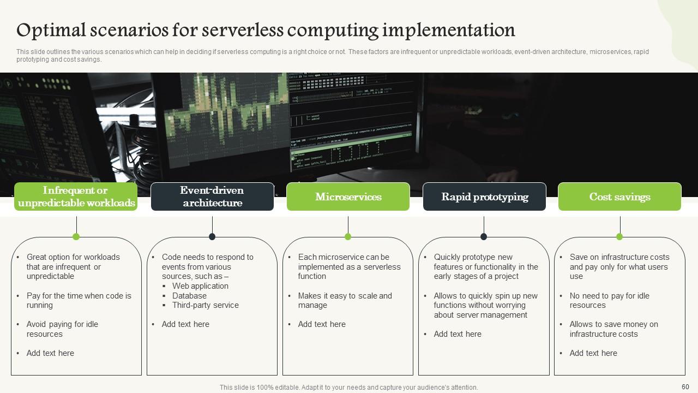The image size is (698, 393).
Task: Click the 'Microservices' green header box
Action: pyautogui.click(x=348, y=196)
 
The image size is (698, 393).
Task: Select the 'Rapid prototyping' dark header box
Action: pyautogui.click(x=484, y=196)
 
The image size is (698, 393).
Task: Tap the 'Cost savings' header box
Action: pyautogui.click(x=619, y=196)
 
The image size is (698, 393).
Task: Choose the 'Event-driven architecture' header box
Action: pyautogui.click(x=212, y=196)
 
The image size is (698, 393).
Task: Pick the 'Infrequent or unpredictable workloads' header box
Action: pyautogui.click(x=76, y=196)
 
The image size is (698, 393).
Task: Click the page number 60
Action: pyautogui.click(x=685, y=386)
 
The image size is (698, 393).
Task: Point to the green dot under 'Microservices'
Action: pyautogui.click(x=348, y=236)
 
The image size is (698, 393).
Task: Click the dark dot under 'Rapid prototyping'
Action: pyautogui.click(x=484, y=236)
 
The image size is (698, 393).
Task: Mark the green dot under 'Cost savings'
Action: pyautogui.click(x=619, y=236)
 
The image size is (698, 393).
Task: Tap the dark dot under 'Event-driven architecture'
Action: pyautogui.click(x=212, y=236)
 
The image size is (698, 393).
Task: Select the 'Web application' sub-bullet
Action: pyautogui.click(x=200, y=286)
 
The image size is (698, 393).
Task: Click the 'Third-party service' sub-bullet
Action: pyautogui.click(x=205, y=305)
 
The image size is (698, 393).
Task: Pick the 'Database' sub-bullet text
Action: pyautogui.click(x=189, y=296)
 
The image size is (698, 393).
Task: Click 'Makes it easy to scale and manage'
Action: pyautogui.click(x=345, y=300)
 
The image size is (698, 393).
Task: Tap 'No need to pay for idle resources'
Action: pyautogui.click(x=609, y=300)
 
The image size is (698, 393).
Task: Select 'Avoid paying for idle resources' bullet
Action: pyautogui.click(x=62, y=329)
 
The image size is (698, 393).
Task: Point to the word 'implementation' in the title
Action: pyautogui.click(x=448, y=30)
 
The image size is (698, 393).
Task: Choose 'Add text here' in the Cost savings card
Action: pyautogui.click(x=593, y=353)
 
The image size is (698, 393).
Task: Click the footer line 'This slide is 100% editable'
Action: pyautogui.click(x=348, y=388)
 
